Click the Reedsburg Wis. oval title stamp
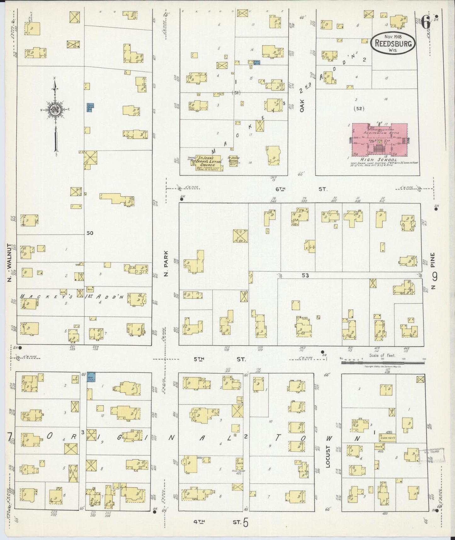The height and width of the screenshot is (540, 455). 393,43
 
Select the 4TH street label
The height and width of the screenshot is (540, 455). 199,521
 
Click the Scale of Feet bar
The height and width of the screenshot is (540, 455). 384,363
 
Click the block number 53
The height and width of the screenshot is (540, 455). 305,275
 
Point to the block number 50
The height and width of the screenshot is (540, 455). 90,233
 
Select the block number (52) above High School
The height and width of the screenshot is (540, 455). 359,109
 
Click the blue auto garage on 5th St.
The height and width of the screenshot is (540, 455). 91,377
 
